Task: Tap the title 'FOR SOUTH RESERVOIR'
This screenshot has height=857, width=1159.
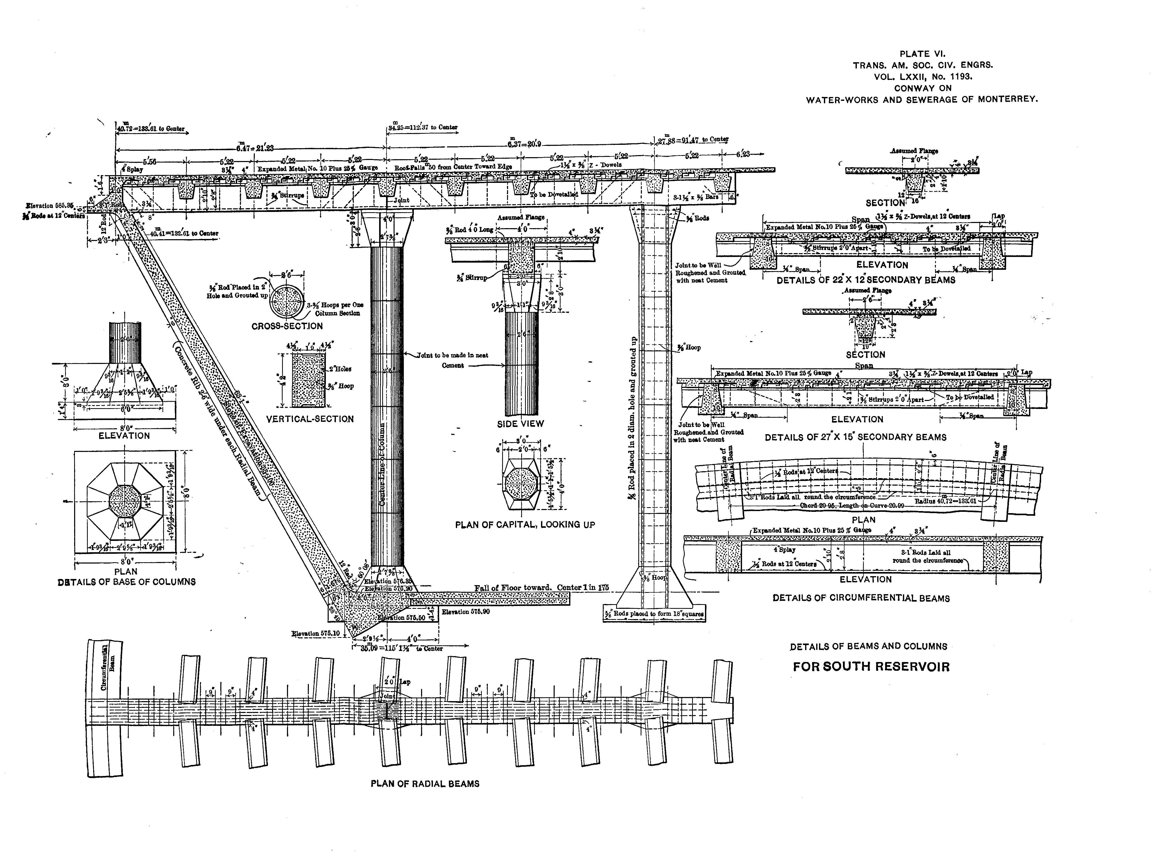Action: pos(871,667)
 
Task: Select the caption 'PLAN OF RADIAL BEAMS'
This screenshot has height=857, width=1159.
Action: pos(425,784)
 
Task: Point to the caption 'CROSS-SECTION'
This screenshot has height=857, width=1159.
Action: pos(287,326)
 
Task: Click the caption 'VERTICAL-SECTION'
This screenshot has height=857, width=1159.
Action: pos(310,419)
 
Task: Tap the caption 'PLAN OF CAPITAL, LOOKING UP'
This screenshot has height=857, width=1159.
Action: pos(525,524)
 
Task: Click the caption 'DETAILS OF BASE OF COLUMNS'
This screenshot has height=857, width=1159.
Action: pos(127,582)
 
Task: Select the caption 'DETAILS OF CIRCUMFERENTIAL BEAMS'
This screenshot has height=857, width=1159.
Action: pos(861,598)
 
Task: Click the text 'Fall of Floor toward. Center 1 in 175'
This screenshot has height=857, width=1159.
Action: pos(541,588)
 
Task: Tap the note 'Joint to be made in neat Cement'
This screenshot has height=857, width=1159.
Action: pos(452,360)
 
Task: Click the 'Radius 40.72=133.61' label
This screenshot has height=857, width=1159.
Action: pos(946,501)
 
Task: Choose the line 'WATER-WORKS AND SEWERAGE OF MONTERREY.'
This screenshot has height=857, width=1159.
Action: pos(921,99)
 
